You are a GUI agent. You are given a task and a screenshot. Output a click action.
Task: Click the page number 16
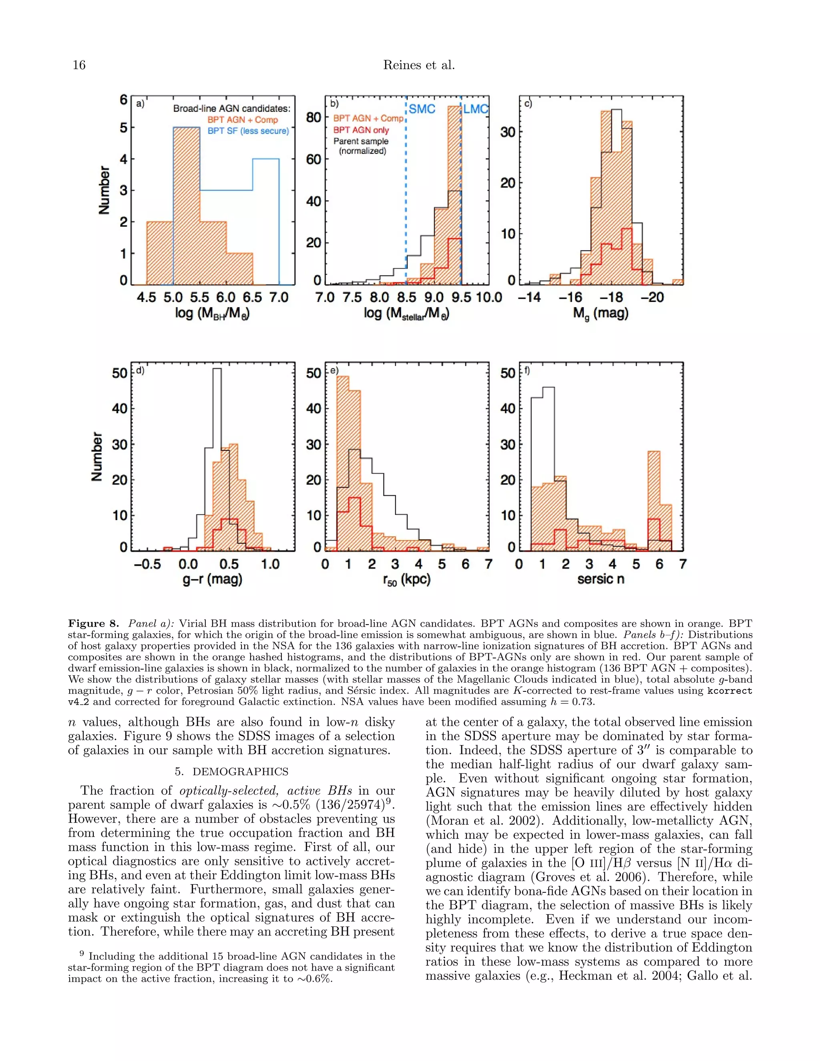[x=79, y=65]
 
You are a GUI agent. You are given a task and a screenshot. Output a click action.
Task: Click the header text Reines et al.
[x=419, y=65]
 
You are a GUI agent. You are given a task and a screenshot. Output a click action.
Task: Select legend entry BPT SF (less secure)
[x=248, y=131]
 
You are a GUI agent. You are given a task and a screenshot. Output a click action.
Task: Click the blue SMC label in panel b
[x=422, y=109]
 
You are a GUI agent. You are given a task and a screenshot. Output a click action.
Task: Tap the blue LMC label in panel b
[x=475, y=109]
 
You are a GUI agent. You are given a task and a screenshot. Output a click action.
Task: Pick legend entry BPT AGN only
[x=361, y=130]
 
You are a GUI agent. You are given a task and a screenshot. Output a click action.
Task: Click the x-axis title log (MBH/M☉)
[x=212, y=313]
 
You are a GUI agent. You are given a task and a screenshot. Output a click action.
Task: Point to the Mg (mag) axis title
[x=601, y=313]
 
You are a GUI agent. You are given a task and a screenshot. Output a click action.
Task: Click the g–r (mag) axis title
[x=212, y=579]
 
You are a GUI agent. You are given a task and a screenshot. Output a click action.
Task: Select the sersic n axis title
[x=601, y=579]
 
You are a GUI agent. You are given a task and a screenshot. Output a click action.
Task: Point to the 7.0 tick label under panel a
[x=279, y=297]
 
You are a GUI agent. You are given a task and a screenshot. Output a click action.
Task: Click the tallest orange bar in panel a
[x=187, y=204]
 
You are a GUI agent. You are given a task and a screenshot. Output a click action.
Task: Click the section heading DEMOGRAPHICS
[x=231, y=772]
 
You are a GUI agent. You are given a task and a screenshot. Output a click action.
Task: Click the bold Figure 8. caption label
[x=93, y=623]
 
